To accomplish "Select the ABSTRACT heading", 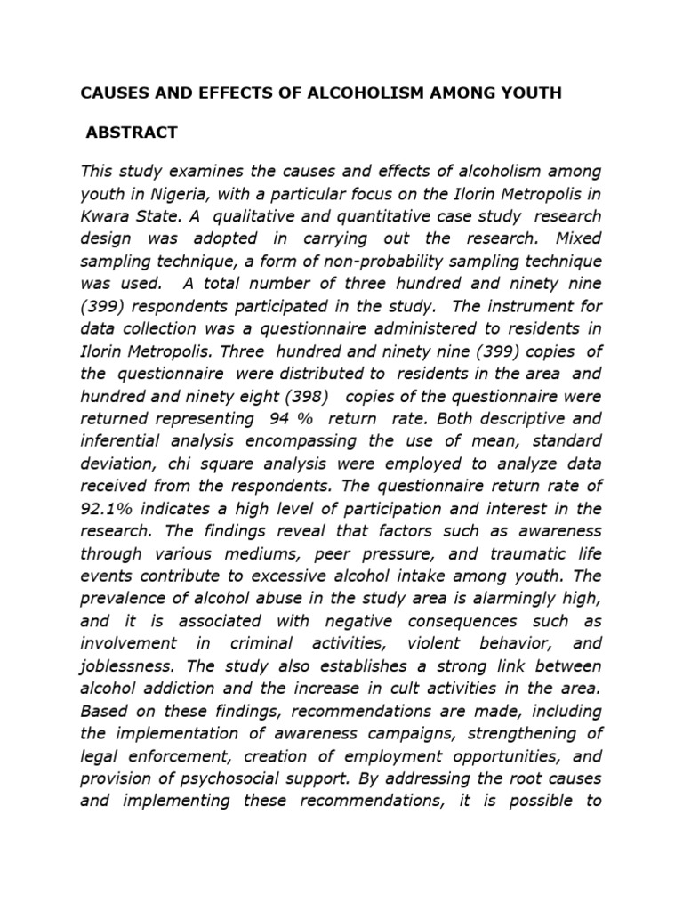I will coord(132,133).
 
